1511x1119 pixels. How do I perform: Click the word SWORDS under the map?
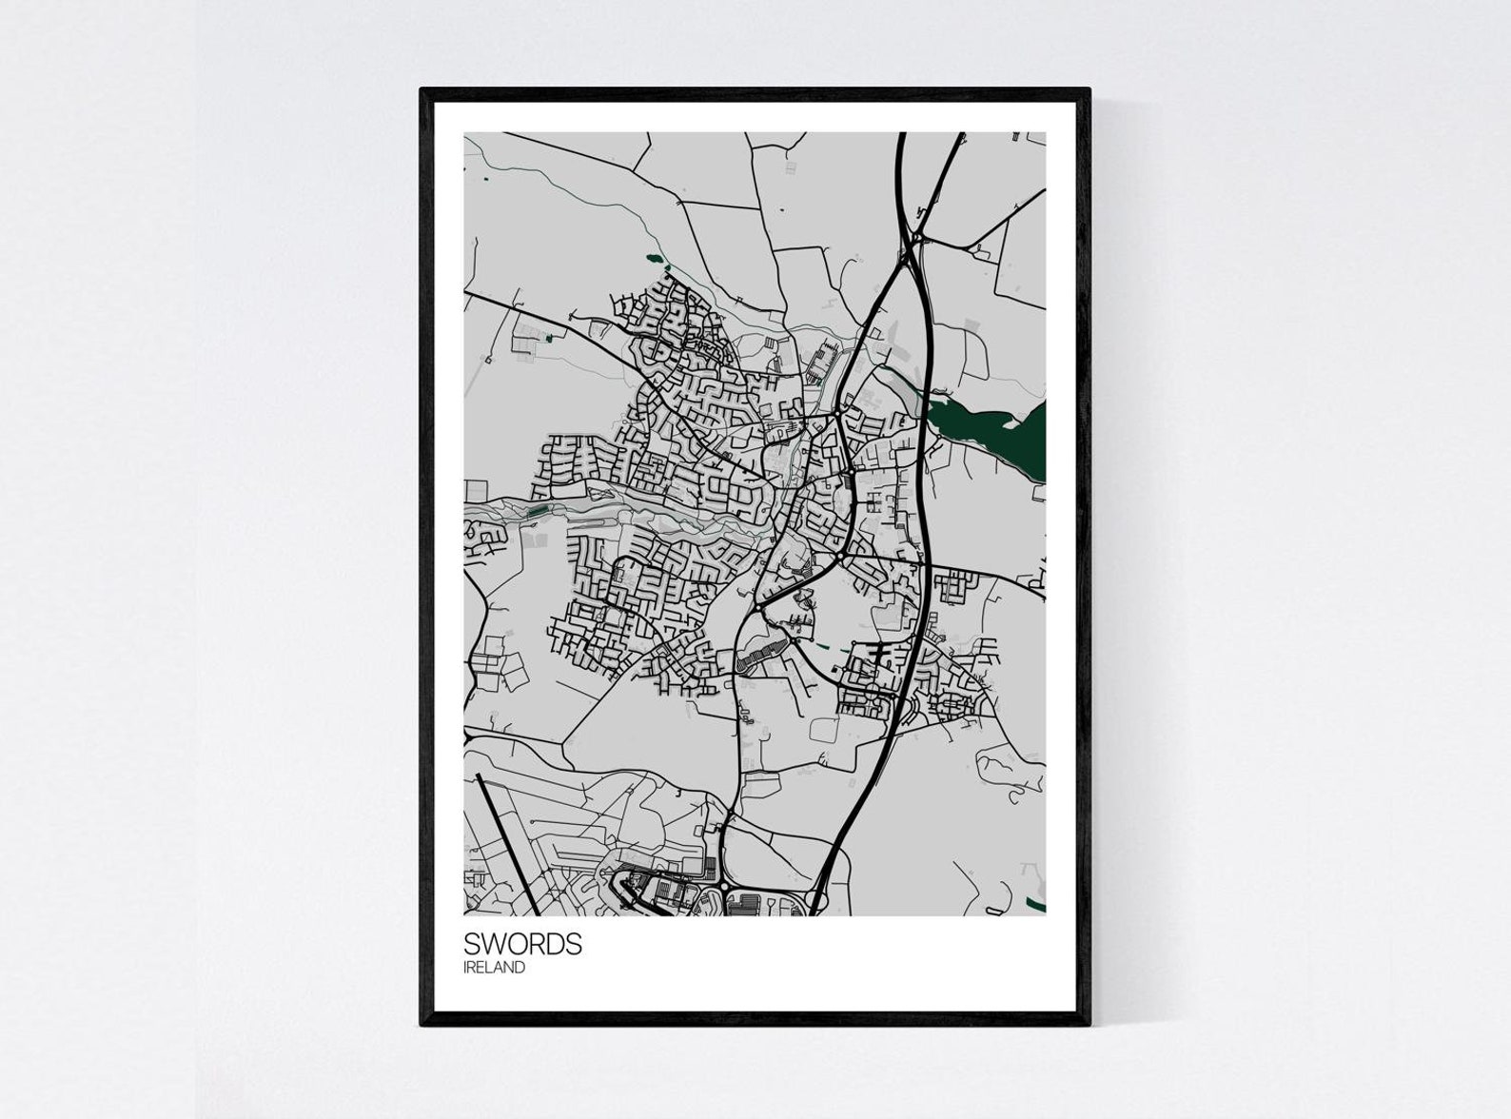[522, 944]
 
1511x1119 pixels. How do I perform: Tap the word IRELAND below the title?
[494, 968]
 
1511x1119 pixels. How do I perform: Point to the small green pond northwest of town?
[655, 258]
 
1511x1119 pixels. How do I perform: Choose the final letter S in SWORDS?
[574, 944]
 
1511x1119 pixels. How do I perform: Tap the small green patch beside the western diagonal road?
[549, 337]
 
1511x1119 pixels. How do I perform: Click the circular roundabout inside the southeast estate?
[872, 687]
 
